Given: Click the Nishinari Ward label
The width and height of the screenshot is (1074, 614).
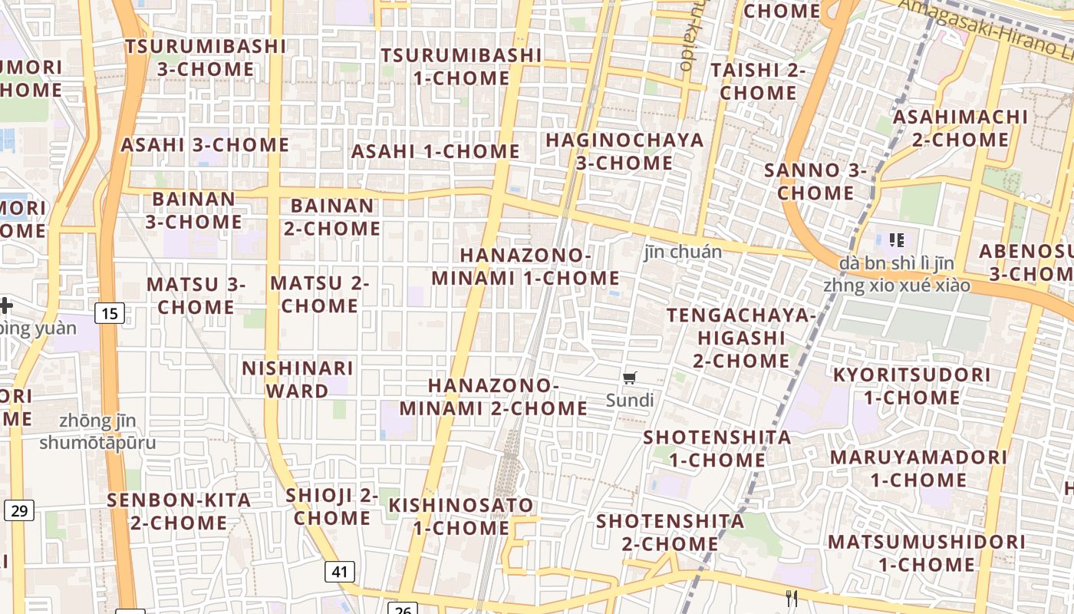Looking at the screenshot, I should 297,379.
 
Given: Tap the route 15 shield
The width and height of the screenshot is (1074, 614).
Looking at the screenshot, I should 110,313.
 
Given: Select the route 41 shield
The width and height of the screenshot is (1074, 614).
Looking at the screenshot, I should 339,571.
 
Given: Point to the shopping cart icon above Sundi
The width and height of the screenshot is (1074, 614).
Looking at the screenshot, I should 630,377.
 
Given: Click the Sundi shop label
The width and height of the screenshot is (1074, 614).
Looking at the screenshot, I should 630,400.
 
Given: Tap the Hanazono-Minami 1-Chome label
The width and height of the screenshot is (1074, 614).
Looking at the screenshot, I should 525,266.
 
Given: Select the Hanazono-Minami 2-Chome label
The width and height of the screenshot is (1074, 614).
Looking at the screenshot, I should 493,396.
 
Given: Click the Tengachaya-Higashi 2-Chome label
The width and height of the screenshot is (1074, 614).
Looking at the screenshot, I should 741,338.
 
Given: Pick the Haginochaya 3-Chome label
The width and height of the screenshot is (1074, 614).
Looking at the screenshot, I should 624,151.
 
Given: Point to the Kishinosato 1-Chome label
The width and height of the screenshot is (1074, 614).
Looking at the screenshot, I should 461,517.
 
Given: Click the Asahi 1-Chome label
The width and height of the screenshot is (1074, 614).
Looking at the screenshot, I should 436,151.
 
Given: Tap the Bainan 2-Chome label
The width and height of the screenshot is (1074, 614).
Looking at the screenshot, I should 332,217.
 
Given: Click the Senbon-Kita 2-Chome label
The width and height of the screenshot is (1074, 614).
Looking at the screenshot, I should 179,511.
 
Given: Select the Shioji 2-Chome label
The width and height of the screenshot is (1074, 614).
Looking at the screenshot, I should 332,507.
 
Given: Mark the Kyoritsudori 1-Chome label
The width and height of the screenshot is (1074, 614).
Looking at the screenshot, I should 912,386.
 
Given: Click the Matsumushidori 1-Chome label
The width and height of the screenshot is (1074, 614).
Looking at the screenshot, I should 927,553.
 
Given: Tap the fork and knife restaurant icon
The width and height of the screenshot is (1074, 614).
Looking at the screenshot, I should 792,598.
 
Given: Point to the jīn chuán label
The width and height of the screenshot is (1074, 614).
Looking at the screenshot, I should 683,252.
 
